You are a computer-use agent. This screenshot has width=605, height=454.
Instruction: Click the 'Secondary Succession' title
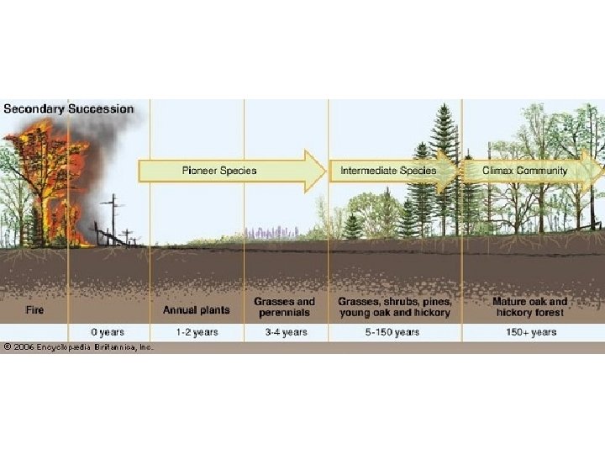coord(68,108)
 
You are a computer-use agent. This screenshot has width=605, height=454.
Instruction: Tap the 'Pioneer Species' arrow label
coord(219,171)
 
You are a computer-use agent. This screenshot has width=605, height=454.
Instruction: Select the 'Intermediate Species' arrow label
coord(388,171)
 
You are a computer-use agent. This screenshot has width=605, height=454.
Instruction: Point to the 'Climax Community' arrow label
coord(525,171)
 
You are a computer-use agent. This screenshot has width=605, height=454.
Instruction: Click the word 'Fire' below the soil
coord(34,309)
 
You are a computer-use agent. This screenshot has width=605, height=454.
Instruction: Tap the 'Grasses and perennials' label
coord(285,307)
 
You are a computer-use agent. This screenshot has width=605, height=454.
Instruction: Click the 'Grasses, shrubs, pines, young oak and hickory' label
coord(394,307)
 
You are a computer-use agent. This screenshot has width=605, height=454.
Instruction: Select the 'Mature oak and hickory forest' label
coord(529,307)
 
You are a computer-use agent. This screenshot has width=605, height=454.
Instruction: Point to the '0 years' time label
coord(107,332)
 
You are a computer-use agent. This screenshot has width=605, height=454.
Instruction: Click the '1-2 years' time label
coord(197,332)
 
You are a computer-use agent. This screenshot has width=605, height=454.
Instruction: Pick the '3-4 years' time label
coord(285,332)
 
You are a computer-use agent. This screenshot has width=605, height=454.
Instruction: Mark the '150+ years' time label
coord(530,332)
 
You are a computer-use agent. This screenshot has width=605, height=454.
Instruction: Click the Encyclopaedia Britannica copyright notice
coord(76,346)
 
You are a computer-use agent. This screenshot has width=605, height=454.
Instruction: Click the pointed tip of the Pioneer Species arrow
coord(324,171)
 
